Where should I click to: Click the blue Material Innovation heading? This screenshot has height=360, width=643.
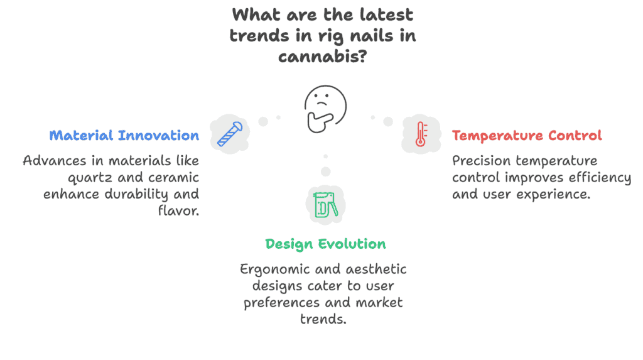pyautogui.click(x=124, y=136)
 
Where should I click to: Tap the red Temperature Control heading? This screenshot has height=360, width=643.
pyautogui.click(x=527, y=136)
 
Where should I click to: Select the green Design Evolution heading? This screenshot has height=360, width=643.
pyautogui.click(x=326, y=244)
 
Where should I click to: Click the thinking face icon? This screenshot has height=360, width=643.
pyautogui.click(x=326, y=109)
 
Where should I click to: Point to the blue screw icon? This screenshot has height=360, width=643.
pyautogui.click(x=230, y=134)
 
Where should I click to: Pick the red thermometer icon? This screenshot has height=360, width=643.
pyautogui.click(x=421, y=134)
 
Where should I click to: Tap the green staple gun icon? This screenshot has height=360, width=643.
pyautogui.click(x=326, y=204)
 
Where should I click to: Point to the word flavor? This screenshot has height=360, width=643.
pyautogui.click(x=179, y=210)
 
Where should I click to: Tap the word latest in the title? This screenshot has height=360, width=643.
pyautogui.click(x=386, y=15)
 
